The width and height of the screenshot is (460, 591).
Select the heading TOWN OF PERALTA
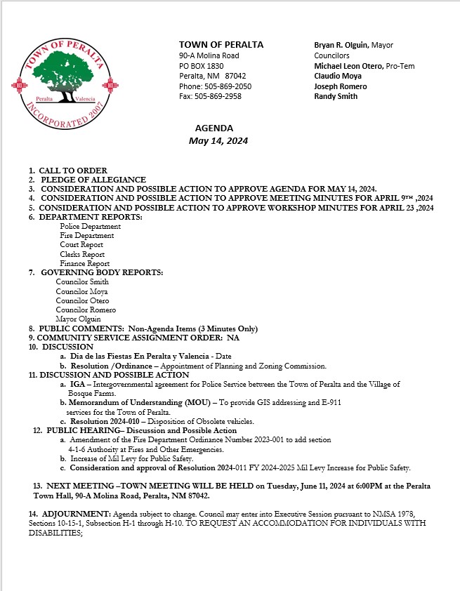point(221,45)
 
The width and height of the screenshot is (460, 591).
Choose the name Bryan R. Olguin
point(341,45)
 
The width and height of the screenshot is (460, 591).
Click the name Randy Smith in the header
point(336,96)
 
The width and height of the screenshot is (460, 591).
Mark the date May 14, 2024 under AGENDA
point(218,140)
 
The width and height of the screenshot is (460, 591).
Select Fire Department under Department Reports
point(86,236)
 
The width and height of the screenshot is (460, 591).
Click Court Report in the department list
point(81,245)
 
